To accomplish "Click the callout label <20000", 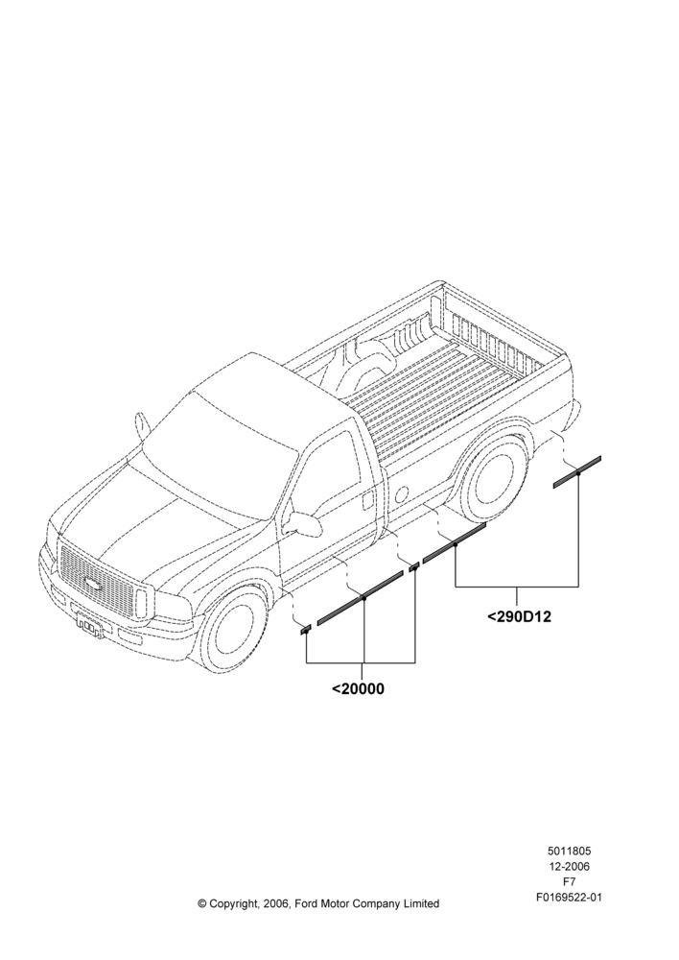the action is [359, 688].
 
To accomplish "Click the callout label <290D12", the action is [520, 616].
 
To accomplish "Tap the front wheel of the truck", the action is [234, 632].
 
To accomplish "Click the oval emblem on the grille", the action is [93, 583].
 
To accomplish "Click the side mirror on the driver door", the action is [303, 523].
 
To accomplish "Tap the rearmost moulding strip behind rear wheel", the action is [577, 472].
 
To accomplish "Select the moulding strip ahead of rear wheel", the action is [454, 542].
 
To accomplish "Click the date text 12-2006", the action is [569, 866].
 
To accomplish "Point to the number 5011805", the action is [569, 851].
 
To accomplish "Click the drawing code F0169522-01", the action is [569, 898].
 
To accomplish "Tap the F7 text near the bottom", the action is [569, 882].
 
